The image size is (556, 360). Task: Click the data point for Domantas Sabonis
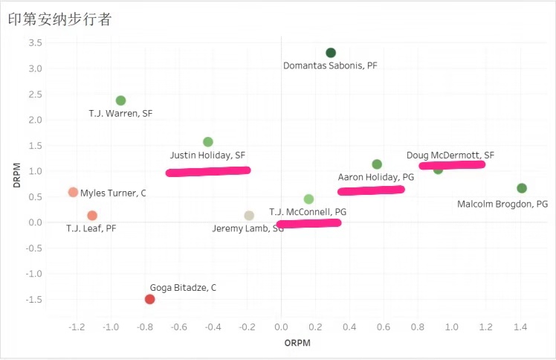click(331, 53)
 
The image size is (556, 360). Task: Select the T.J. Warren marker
click(121, 100)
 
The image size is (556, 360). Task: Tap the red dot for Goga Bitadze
click(149, 299)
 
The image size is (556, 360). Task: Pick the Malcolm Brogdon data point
click(522, 188)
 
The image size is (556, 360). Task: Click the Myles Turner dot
click(73, 192)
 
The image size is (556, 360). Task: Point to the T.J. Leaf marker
click(92, 216)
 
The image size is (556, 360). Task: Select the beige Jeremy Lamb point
click(249, 216)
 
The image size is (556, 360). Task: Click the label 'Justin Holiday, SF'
click(207, 155)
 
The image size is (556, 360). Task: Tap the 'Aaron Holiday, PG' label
click(375, 178)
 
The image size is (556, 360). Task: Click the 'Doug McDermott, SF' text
click(450, 155)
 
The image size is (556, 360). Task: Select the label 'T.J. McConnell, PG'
click(308, 211)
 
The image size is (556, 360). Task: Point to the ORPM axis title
click(297, 343)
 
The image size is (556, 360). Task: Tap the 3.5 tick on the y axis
click(34, 43)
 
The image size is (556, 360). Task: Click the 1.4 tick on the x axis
click(520, 327)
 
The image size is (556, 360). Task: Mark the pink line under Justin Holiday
click(208, 171)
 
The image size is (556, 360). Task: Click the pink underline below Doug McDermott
click(452, 164)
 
